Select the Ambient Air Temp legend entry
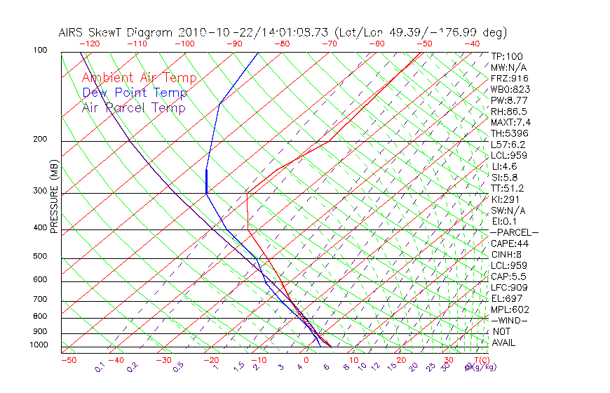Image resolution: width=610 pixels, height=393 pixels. click(139, 78)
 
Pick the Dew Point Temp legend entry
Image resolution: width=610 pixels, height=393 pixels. click(134, 93)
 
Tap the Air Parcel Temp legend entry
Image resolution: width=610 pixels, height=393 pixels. click(133, 107)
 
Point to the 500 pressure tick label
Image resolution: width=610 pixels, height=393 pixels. click(41, 256)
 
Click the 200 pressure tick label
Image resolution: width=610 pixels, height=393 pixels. click(41, 139)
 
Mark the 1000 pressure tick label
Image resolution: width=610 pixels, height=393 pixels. click(39, 345)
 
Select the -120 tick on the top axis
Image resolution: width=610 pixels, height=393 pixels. click(89, 44)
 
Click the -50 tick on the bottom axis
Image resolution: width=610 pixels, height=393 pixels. click(68, 360)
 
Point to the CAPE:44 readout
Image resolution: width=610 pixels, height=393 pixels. click(510, 244)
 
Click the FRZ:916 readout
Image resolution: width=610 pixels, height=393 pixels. click(508, 78)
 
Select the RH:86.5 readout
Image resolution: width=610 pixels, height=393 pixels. click(509, 111)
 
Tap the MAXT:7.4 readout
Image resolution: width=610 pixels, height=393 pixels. click(511, 122)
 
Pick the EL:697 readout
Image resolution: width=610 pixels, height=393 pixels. click(506, 298)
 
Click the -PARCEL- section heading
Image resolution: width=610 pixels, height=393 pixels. click(514, 232)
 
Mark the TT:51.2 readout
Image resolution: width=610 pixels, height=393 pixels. click(508, 188)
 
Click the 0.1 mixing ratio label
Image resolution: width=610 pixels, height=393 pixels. click(100, 366)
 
